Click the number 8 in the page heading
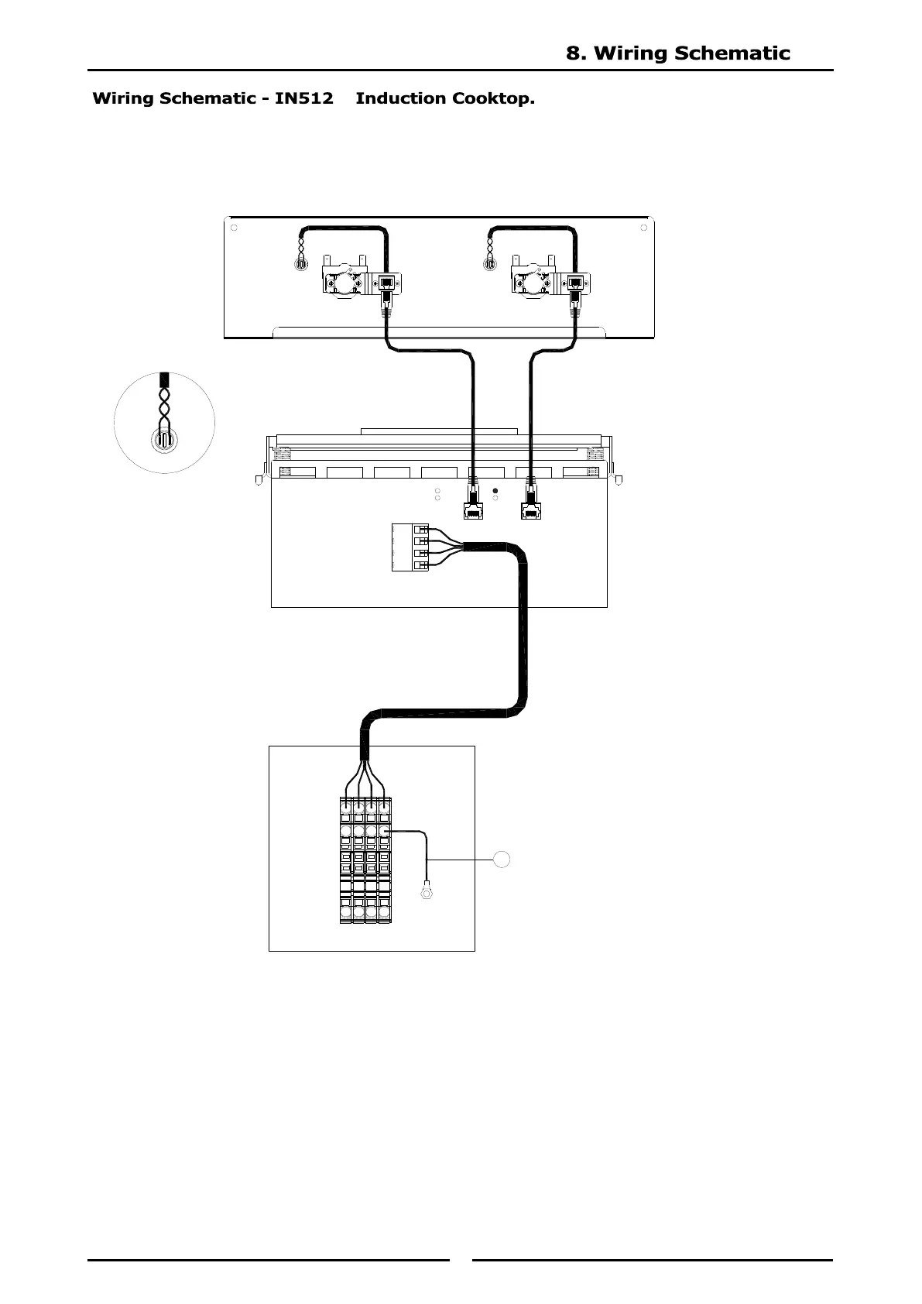point(574,53)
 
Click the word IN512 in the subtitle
point(304,98)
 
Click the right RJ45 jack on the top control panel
point(575,283)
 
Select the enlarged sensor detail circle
point(164,423)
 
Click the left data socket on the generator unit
point(472,511)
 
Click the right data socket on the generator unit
point(530,511)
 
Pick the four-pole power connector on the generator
point(410,547)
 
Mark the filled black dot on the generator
point(495,491)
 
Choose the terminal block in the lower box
point(365,860)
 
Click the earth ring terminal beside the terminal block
point(425,893)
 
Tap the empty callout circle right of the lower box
point(502,859)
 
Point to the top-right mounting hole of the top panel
point(644,228)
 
